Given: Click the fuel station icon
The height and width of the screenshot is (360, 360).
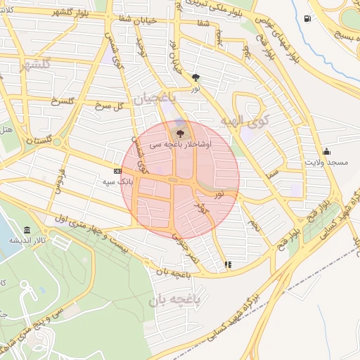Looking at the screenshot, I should (307, 19).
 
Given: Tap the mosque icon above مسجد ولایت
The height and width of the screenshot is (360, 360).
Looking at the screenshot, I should (326, 151).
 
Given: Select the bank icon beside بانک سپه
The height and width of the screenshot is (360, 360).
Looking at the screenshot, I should (117, 171).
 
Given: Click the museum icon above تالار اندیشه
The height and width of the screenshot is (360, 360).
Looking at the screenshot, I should (27, 230).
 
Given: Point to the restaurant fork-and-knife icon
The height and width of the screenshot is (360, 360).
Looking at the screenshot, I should (227, 265).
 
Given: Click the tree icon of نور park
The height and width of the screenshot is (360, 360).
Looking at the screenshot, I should (195, 79).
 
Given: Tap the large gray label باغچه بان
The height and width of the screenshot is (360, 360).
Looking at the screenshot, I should (176, 301).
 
